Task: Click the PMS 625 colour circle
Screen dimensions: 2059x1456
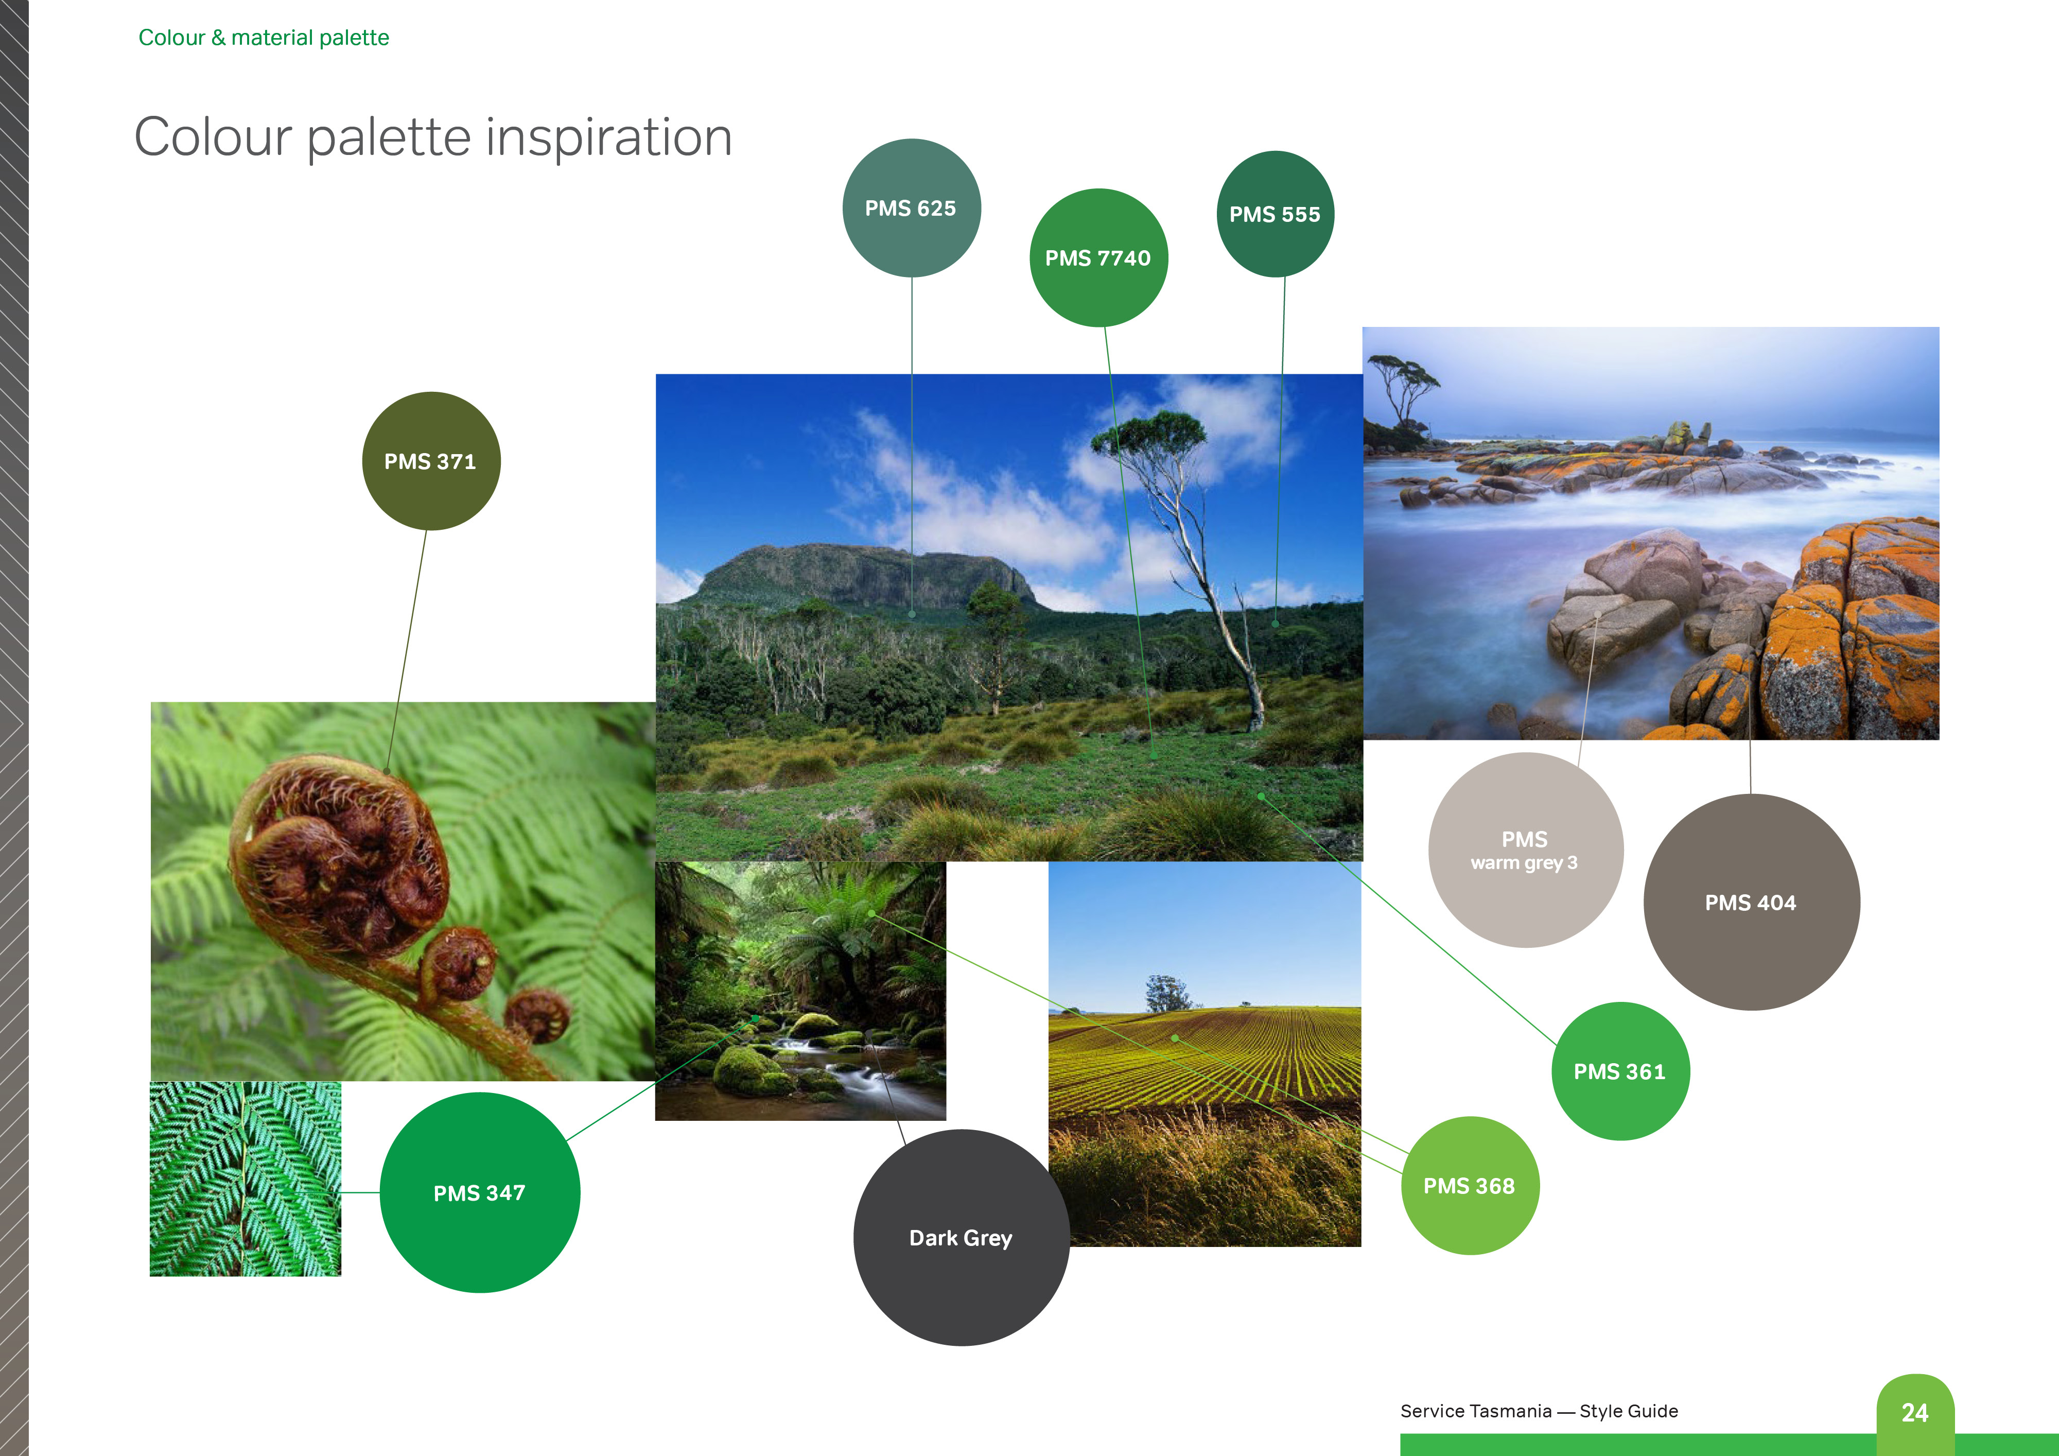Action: click(x=911, y=208)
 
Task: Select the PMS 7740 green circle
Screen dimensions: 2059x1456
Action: click(x=1098, y=257)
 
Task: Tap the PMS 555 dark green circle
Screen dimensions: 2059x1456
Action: click(x=1275, y=214)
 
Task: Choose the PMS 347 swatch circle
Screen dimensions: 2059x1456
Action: click(x=480, y=1192)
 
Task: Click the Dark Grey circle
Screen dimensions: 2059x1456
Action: click(x=962, y=1238)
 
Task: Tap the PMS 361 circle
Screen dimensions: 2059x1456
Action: click(x=1620, y=1071)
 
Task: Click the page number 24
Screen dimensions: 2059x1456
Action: click(x=1915, y=1413)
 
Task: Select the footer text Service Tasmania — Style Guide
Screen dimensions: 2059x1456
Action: click(x=1539, y=1411)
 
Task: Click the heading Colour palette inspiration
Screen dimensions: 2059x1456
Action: click(x=433, y=137)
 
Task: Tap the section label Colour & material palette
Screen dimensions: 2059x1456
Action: click(x=264, y=38)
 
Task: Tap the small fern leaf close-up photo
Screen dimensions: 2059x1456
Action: click(x=245, y=1179)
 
